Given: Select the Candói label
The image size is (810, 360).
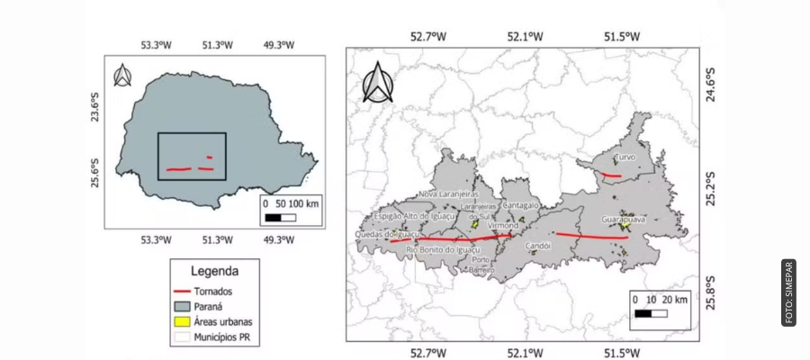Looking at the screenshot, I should [x=538, y=245].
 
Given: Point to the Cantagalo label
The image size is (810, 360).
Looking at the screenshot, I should [x=521, y=205].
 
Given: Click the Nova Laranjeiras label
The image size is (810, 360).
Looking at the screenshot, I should [x=448, y=193].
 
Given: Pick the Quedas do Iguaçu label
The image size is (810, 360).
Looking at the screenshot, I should [x=387, y=234].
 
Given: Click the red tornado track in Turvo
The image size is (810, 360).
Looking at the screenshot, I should [x=612, y=175].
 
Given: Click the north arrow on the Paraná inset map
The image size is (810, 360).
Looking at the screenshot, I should [x=123, y=76].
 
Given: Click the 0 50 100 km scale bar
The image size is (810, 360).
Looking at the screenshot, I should [x=288, y=210].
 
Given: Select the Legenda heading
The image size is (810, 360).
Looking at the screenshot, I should [x=214, y=271].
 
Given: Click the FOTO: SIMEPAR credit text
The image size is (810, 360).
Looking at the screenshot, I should [x=788, y=292].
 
